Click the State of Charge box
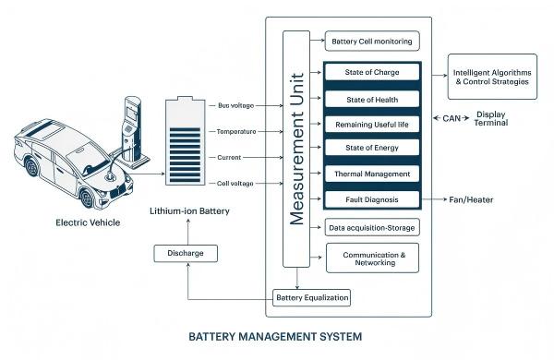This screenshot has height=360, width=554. click(x=372, y=72)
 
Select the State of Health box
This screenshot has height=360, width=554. click(x=372, y=98)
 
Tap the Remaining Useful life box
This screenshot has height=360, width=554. click(x=372, y=124)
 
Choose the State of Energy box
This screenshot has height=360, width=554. click(x=372, y=149)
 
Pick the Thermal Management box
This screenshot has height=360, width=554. click(x=372, y=174)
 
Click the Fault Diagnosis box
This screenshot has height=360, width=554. click(x=372, y=199)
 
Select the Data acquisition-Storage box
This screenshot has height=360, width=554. click(x=372, y=227)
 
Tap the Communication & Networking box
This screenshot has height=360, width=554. click(x=372, y=257)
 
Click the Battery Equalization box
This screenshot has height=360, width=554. click(x=313, y=298)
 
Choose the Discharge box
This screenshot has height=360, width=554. click(x=187, y=252)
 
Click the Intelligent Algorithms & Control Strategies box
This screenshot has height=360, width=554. click(x=491, y=76)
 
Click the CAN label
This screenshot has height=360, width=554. click(x=452, y=118)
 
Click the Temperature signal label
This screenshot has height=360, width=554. click(x=235, y=132)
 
